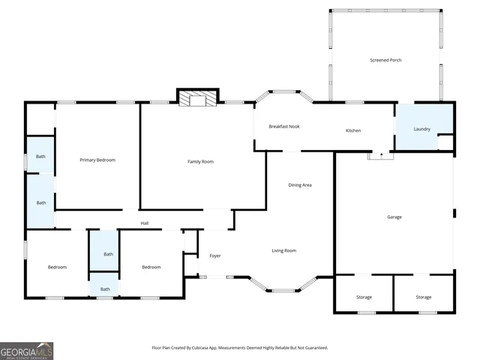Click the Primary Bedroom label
tap(97, 160)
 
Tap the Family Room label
tap(200, 161)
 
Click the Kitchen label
tap(352, 130)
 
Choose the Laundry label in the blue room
tap(422, 128)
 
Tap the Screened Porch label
tap(385, 60)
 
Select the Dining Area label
tap(300, 184)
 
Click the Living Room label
tap(283, 250)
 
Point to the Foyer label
tap(215, 256)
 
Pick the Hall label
tap(145, 223)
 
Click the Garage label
tap(394, 217)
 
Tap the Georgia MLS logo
tap(27, 350)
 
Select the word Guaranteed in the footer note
tap(314, 348)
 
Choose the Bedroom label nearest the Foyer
tap(151, 267)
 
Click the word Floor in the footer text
tap(157, 348)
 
